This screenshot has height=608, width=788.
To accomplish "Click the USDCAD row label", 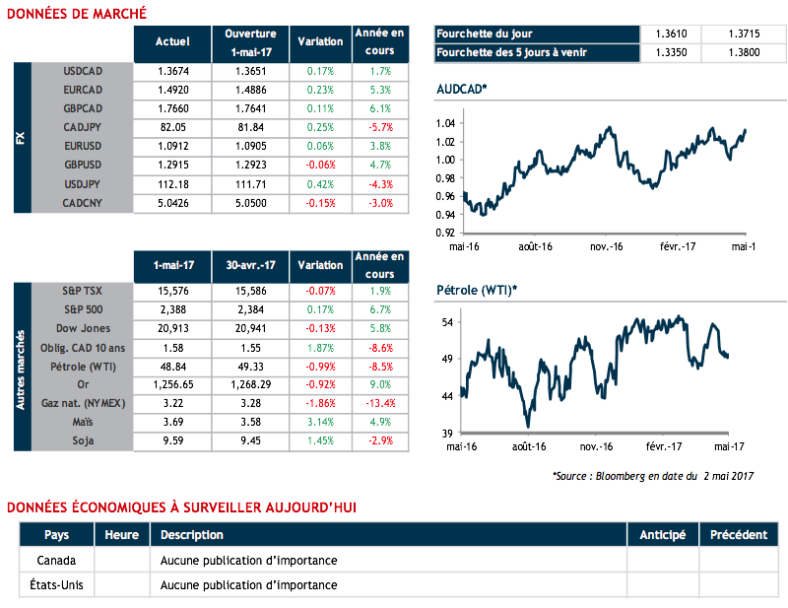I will click(x=82, y=71).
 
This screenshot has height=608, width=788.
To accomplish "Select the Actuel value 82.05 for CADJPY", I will click(x=172, y=127).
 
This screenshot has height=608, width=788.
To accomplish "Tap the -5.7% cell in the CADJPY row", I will click(x=379, y=127).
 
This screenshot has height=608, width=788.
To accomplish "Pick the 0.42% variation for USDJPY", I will click(x=320, y=184).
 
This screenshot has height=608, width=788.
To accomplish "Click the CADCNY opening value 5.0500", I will click(x=250, y=203).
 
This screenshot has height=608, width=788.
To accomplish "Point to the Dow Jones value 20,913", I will click(x=172, y=328).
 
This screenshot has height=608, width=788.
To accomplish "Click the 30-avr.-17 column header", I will click(x=250, y=265).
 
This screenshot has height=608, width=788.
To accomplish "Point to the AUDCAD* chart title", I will click(x=461, y=90).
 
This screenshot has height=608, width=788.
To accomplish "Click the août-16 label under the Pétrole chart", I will click(x=528, y=446).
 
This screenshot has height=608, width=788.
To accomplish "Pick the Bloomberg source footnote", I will click(x=652, y=476).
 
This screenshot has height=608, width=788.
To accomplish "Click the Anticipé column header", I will click(x=662, y=535).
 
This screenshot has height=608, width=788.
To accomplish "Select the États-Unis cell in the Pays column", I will click(x=56, y=584).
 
